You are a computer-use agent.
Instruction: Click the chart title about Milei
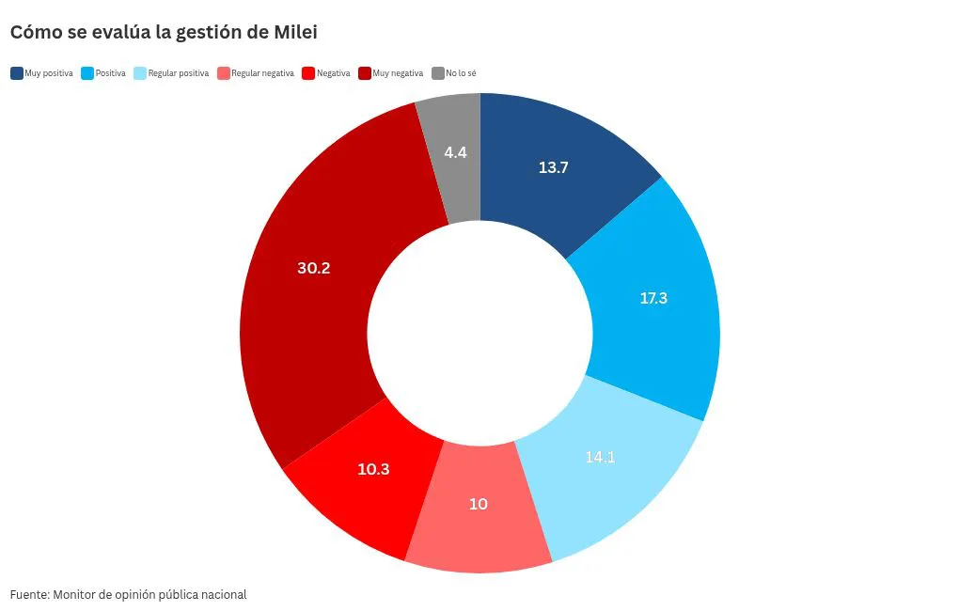point(164,33)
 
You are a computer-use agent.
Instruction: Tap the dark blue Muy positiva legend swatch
point(17,73)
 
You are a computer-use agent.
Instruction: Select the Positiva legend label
point(110,73)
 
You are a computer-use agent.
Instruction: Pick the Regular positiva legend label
point(178,73)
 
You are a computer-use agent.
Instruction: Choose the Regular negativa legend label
point(262,73)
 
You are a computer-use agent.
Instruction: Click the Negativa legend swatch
point(307,73)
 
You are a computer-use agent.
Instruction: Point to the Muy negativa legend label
point(398,73)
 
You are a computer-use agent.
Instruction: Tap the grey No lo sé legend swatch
point(437,73)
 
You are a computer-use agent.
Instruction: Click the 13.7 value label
point(554,167)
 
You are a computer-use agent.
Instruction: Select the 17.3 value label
point(653,298)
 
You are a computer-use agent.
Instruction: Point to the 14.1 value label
point(600,458)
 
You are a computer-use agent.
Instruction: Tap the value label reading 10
point(479,504)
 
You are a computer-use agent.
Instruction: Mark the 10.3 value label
point(373,469)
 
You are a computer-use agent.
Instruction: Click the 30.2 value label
point(313,268)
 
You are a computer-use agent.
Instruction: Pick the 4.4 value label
point(456,151)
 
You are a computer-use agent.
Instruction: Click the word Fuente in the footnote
point(29,594)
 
